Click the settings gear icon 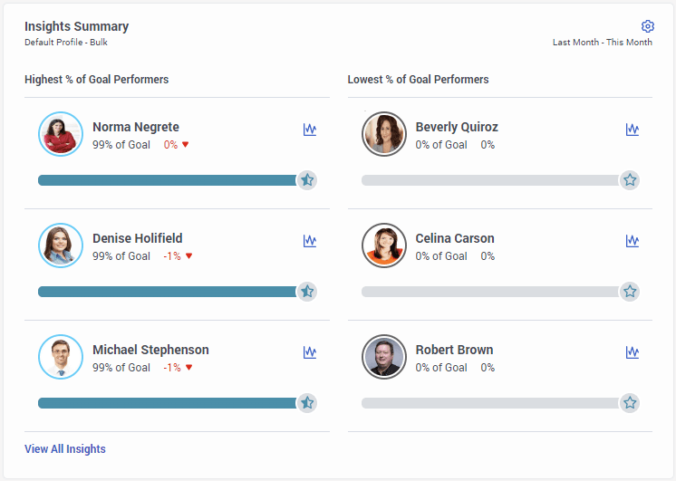647,26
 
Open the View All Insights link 65,449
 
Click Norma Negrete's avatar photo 61,134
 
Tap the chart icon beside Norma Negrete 310,130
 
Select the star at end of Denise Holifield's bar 307,292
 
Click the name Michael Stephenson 150,350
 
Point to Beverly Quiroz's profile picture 384,134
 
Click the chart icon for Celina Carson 633,241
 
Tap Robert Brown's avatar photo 384,357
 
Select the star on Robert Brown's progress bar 630,403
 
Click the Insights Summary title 76,26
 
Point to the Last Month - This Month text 602,43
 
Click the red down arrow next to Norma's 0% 186,145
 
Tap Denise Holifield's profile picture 61,245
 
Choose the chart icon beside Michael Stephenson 310,352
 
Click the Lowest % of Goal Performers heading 418,80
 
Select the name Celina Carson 455,238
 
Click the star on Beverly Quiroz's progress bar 630,180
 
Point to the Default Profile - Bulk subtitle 66,43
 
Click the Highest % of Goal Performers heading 96,80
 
